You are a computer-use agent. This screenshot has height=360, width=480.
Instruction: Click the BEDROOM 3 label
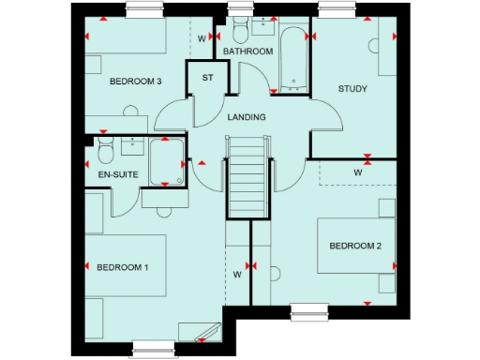pos(136,82)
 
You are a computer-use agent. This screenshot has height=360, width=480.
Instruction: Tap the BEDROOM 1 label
pos(123,267)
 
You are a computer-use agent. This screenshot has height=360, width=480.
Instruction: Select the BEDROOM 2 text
pos(354,247)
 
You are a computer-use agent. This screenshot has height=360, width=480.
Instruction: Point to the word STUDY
pos(352,89)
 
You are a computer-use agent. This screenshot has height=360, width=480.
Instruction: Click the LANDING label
pos(247,117)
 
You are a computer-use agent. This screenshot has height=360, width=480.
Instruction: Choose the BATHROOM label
pos(247,52)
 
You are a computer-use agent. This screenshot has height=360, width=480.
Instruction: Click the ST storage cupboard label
pos(207,77)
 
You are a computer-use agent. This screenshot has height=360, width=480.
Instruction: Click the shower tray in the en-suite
pos(166,161)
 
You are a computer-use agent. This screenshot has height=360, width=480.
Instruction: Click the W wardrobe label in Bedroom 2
pos(358,173)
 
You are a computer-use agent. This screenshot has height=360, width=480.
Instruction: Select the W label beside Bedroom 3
pos(202,39)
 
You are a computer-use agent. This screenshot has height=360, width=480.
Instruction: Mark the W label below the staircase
pos(237,275)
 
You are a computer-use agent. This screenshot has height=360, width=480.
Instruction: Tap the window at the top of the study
pos(335,9)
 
